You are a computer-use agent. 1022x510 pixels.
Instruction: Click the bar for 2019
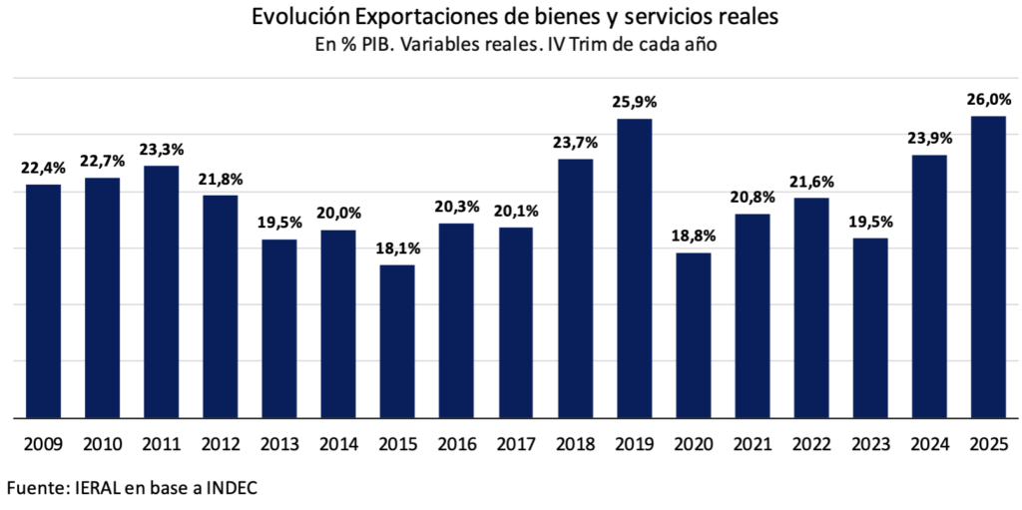coord(634,267)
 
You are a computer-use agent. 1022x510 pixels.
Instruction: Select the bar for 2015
coord(397,340)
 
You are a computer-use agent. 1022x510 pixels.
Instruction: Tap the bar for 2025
coord(989,266)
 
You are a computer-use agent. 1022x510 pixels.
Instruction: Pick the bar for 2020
coord(693,334)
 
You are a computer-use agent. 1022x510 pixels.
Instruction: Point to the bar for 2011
coord(162,291)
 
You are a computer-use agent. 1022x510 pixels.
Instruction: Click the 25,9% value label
coord(635,102)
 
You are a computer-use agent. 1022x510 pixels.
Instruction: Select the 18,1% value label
coord(397,248)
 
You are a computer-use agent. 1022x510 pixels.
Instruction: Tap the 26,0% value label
coord(989,99)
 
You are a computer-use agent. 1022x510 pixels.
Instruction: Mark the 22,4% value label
coord(44,167)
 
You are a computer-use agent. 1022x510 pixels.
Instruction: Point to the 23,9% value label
coord(930,138)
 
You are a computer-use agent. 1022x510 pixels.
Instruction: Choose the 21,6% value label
coord(812,182)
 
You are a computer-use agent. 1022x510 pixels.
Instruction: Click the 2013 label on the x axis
coord(279,443)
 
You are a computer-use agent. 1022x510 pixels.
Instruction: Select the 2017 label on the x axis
coord(516,443)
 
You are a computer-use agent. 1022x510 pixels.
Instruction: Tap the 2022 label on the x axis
coord(811,443)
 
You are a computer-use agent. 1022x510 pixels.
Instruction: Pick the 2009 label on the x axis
coord(44,443)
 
